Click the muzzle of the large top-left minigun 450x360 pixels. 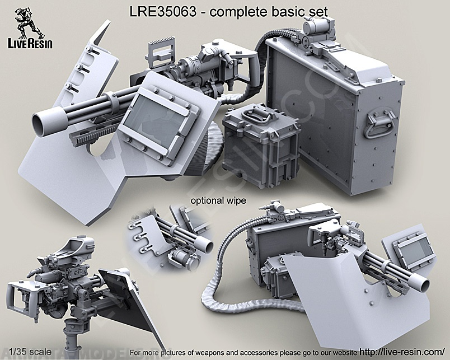[x=43, y=119]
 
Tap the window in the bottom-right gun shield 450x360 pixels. [x=415, y=245]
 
